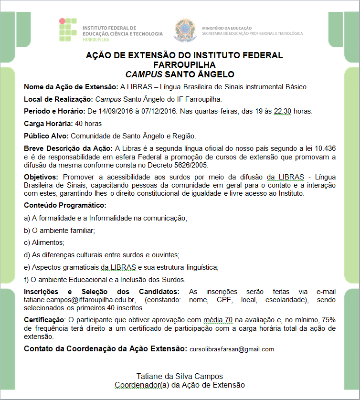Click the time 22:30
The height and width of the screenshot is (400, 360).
[283, 112]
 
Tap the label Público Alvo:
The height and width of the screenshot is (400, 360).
[46, 136]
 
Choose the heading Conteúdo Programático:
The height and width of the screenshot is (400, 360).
[65, 206]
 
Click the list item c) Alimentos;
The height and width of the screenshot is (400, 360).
[44, 242]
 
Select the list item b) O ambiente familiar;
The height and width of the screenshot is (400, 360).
[60, 231]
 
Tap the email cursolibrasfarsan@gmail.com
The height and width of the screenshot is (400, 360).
[232, 349]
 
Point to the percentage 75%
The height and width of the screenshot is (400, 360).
[329, 320]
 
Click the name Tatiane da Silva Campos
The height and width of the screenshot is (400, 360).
[180, 376]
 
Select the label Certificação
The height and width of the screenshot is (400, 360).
[44, 320]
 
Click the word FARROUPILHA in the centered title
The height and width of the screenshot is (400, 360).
[184, 65]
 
